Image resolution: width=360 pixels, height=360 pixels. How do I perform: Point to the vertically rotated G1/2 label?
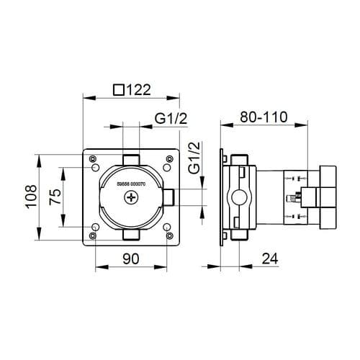(193, 158)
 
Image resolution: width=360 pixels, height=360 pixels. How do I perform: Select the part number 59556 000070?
(130, 185)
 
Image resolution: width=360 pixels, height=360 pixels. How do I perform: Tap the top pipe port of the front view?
(130, 159)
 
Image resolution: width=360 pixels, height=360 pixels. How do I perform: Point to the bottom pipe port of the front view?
(130, 235)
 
